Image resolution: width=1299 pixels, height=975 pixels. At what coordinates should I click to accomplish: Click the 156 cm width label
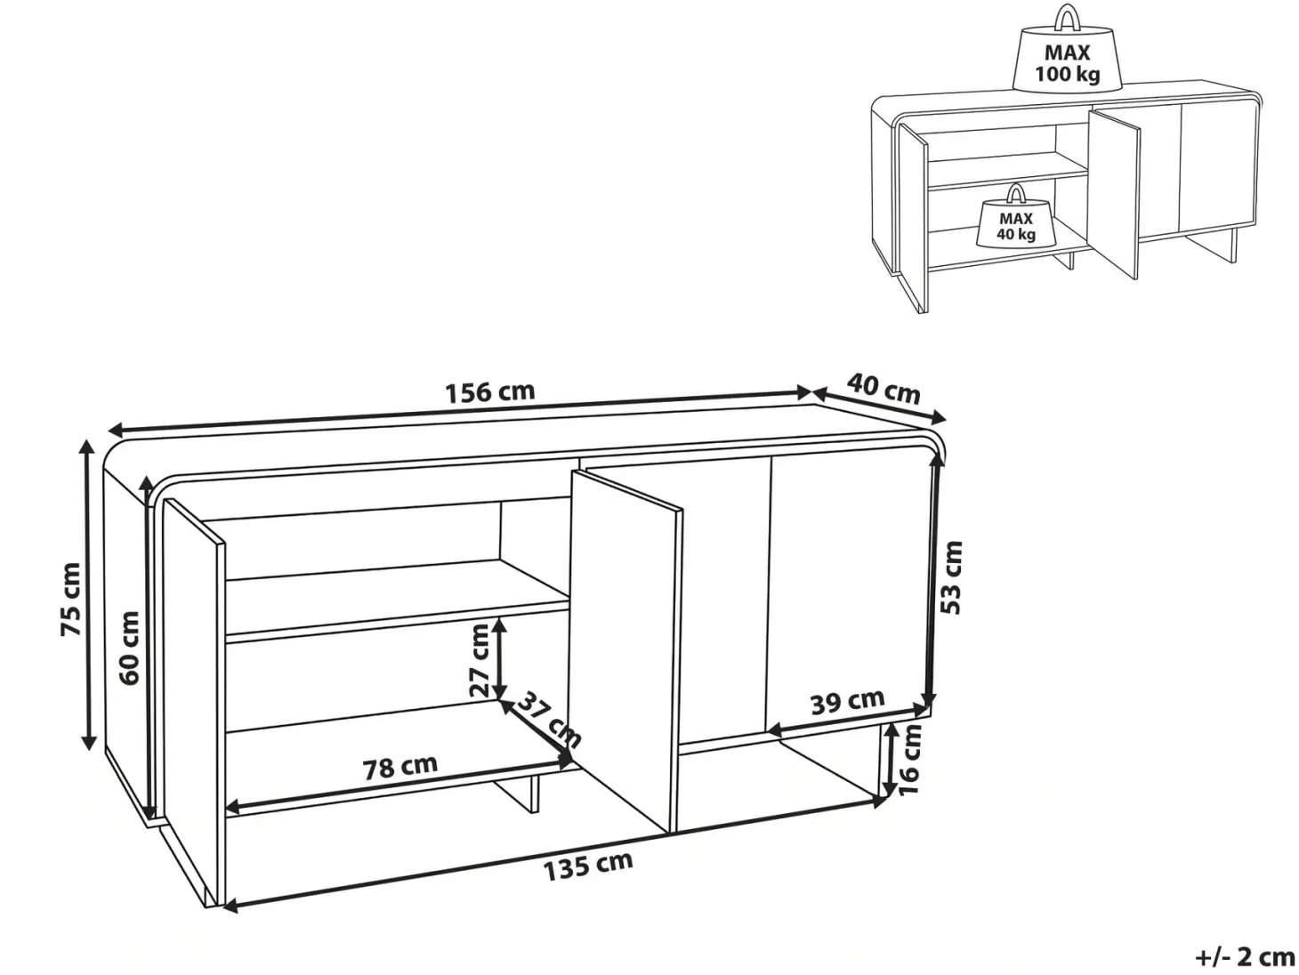490,392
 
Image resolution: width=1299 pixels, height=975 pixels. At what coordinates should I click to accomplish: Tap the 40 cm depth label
883,388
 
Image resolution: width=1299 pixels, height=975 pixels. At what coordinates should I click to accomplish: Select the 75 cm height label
70,600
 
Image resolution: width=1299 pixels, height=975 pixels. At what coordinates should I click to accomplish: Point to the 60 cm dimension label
129,648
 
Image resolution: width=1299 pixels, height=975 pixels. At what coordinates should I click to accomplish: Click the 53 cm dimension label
952,578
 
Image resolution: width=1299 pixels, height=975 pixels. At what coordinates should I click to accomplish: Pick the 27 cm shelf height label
479,661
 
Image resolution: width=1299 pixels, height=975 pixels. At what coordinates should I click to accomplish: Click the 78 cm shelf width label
400,768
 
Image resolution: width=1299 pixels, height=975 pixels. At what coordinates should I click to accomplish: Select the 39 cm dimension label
847,702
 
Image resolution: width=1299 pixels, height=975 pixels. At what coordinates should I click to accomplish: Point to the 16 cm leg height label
910,761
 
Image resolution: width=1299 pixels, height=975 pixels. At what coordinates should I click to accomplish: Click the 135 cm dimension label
588,866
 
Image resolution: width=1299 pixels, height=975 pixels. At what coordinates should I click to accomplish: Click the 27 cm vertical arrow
500,658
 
